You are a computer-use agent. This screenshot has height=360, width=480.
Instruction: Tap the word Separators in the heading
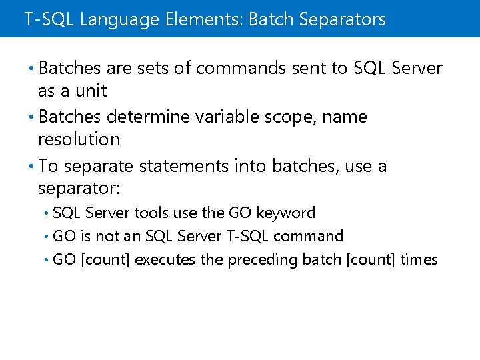[x=342, y=19]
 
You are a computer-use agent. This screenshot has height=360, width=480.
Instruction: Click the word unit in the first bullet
[x=90, y=91]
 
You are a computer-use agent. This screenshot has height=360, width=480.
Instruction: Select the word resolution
[x=79, y=139]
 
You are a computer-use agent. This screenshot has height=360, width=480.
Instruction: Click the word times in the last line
[x=419, y=259]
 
